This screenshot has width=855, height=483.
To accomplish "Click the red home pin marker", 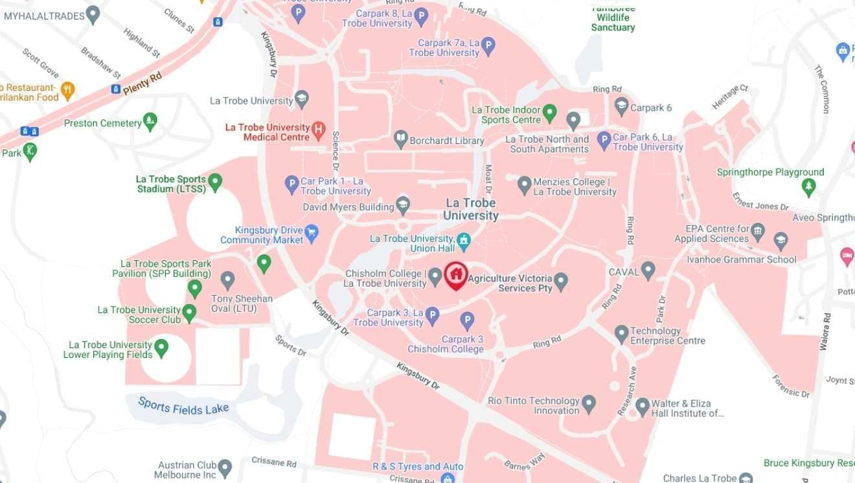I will [456, 274].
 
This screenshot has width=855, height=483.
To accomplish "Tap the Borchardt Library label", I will [447, 141].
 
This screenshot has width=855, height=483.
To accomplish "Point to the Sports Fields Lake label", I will [183, 406].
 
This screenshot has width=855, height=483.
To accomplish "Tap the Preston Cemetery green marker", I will [150, 121].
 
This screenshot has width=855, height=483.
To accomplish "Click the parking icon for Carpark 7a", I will [488, 46].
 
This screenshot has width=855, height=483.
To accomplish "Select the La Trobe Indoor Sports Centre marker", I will [549, 113].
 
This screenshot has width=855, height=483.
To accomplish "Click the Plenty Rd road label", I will [142, 83].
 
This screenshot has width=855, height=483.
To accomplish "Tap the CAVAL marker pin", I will [648, 270].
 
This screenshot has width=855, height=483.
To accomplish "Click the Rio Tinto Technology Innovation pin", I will [588, 404].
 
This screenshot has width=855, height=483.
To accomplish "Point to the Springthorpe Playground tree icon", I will [808, 187].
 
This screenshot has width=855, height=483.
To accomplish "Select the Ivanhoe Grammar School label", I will [742, 260].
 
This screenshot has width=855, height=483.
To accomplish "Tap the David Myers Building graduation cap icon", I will [403, 206].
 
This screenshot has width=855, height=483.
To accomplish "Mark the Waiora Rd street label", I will [825, 332].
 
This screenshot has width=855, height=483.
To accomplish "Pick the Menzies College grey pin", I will [525, 185].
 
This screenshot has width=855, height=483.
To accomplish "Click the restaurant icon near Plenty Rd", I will [67, 89].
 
